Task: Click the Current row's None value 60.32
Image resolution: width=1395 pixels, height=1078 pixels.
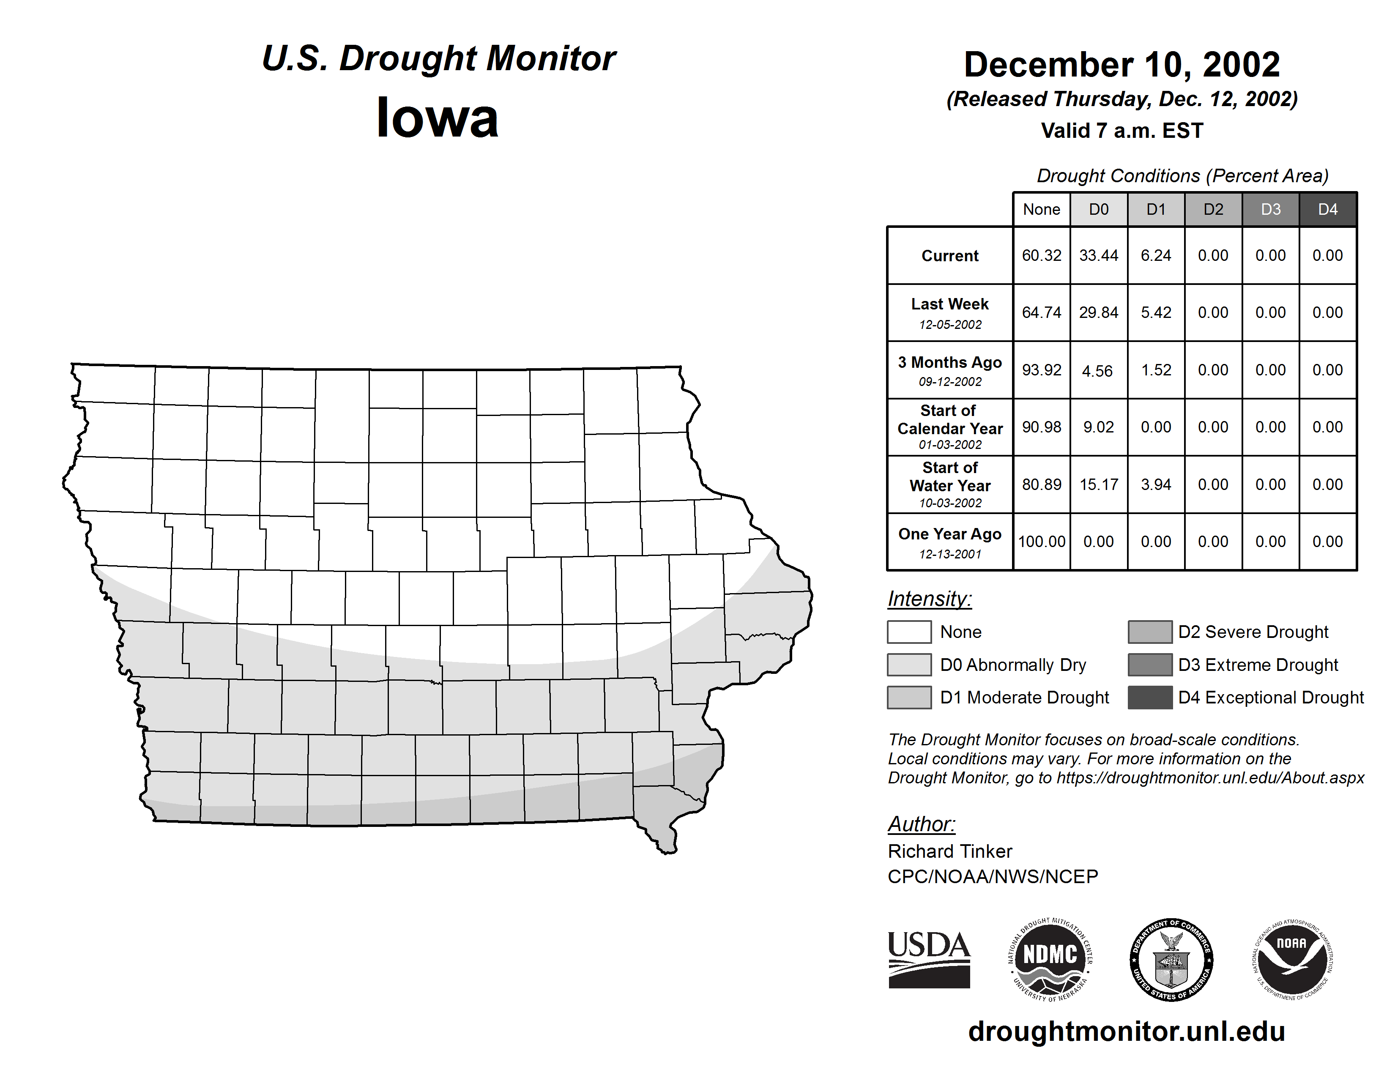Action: (x=1041, y=255)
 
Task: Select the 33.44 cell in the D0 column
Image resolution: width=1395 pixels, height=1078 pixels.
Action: (x=1099, y=255)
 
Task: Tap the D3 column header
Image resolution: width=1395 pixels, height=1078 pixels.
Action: (x=1270, y=209)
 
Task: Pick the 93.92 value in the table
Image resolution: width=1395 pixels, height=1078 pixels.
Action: (x=1041, y=370)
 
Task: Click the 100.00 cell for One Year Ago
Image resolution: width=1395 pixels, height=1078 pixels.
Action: (x=1041, y=542)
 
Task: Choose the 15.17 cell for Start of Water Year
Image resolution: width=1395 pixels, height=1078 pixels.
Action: (x=1099, y=485)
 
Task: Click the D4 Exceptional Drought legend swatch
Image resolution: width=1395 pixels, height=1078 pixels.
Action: (x=1150, y=698)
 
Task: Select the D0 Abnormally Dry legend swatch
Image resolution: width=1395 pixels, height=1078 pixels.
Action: (x=909, y=665)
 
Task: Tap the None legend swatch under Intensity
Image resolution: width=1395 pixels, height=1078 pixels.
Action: (x=909, y=632)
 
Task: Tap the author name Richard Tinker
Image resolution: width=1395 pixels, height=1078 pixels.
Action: (x=950, y=851)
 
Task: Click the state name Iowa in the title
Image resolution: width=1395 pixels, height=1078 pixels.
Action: (x=438, y=118)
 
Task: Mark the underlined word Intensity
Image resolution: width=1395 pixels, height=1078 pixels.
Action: (x=929, y=599)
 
